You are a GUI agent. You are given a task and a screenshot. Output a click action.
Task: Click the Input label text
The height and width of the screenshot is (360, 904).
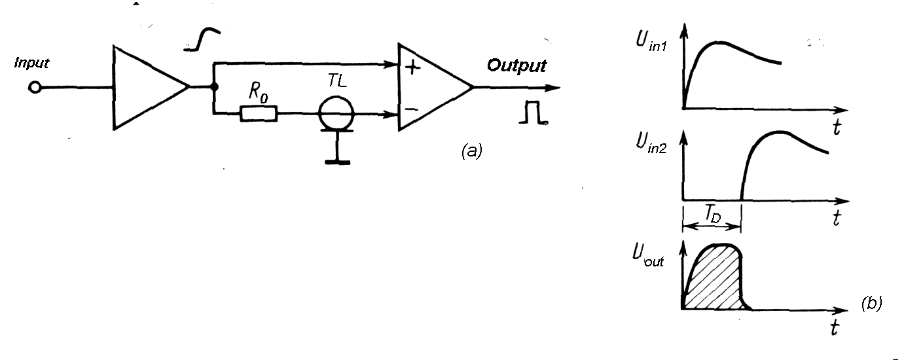pos(32,63)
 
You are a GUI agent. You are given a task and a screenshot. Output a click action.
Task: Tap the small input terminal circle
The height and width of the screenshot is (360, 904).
pos(35,87)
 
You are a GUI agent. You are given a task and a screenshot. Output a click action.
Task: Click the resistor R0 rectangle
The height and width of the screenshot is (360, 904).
pos(259,115)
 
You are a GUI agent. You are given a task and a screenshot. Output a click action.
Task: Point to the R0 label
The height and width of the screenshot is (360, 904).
pos(257,94)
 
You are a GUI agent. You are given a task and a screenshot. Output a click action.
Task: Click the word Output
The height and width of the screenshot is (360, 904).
pos(516,66)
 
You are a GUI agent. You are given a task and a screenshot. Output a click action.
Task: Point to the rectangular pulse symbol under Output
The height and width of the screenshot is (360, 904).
pos(532,114)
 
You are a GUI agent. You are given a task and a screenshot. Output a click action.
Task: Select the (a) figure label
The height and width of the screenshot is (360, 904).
pos(471,152)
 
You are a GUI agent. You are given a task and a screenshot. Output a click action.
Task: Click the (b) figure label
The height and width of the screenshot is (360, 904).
pos(871,302)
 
